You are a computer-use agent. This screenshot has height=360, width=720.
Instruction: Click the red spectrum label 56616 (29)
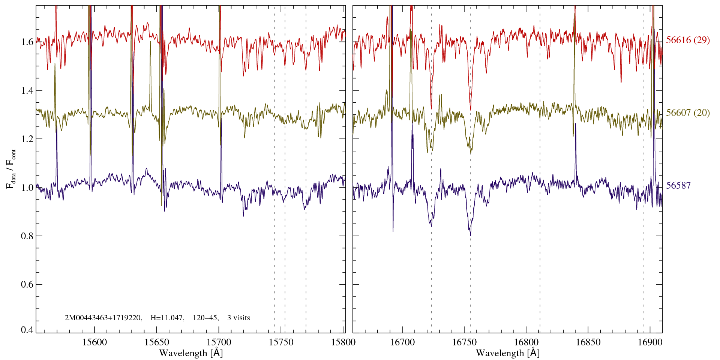pos(688,40)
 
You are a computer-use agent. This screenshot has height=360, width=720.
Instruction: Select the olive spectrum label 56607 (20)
pos(688,113)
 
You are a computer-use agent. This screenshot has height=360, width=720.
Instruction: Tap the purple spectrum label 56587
pos(678,186)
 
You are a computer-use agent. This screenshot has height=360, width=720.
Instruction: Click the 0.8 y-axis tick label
pos(27,236)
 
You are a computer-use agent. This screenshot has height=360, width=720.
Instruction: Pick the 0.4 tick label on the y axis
pos(27,330)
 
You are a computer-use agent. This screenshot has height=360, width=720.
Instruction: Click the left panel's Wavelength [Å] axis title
pos(191,353)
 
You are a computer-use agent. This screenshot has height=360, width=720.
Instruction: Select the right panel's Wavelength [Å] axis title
pos(508,353)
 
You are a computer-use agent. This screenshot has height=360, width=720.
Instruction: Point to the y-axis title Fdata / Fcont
pos(11,169)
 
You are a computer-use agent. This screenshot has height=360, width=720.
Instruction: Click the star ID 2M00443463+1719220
pos(103,318)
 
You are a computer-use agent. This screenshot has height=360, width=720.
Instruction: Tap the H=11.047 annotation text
pos(167,318)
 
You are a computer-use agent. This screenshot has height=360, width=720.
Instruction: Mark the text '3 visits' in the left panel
pos(238,318)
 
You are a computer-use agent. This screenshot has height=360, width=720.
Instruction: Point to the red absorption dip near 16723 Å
pos(431,108)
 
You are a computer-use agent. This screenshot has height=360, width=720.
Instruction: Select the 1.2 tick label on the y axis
pos(27,139)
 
